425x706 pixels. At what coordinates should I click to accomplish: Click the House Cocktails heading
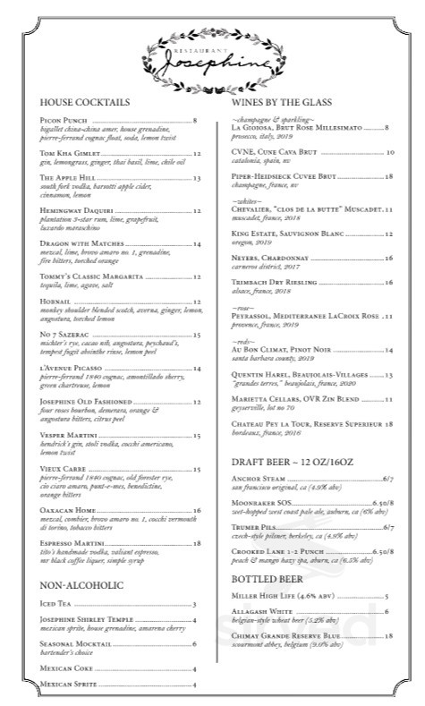[x=86, y=103]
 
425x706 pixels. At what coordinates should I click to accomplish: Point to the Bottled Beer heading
[x=264, y=581]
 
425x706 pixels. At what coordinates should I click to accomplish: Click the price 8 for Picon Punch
[x=194, y=120]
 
